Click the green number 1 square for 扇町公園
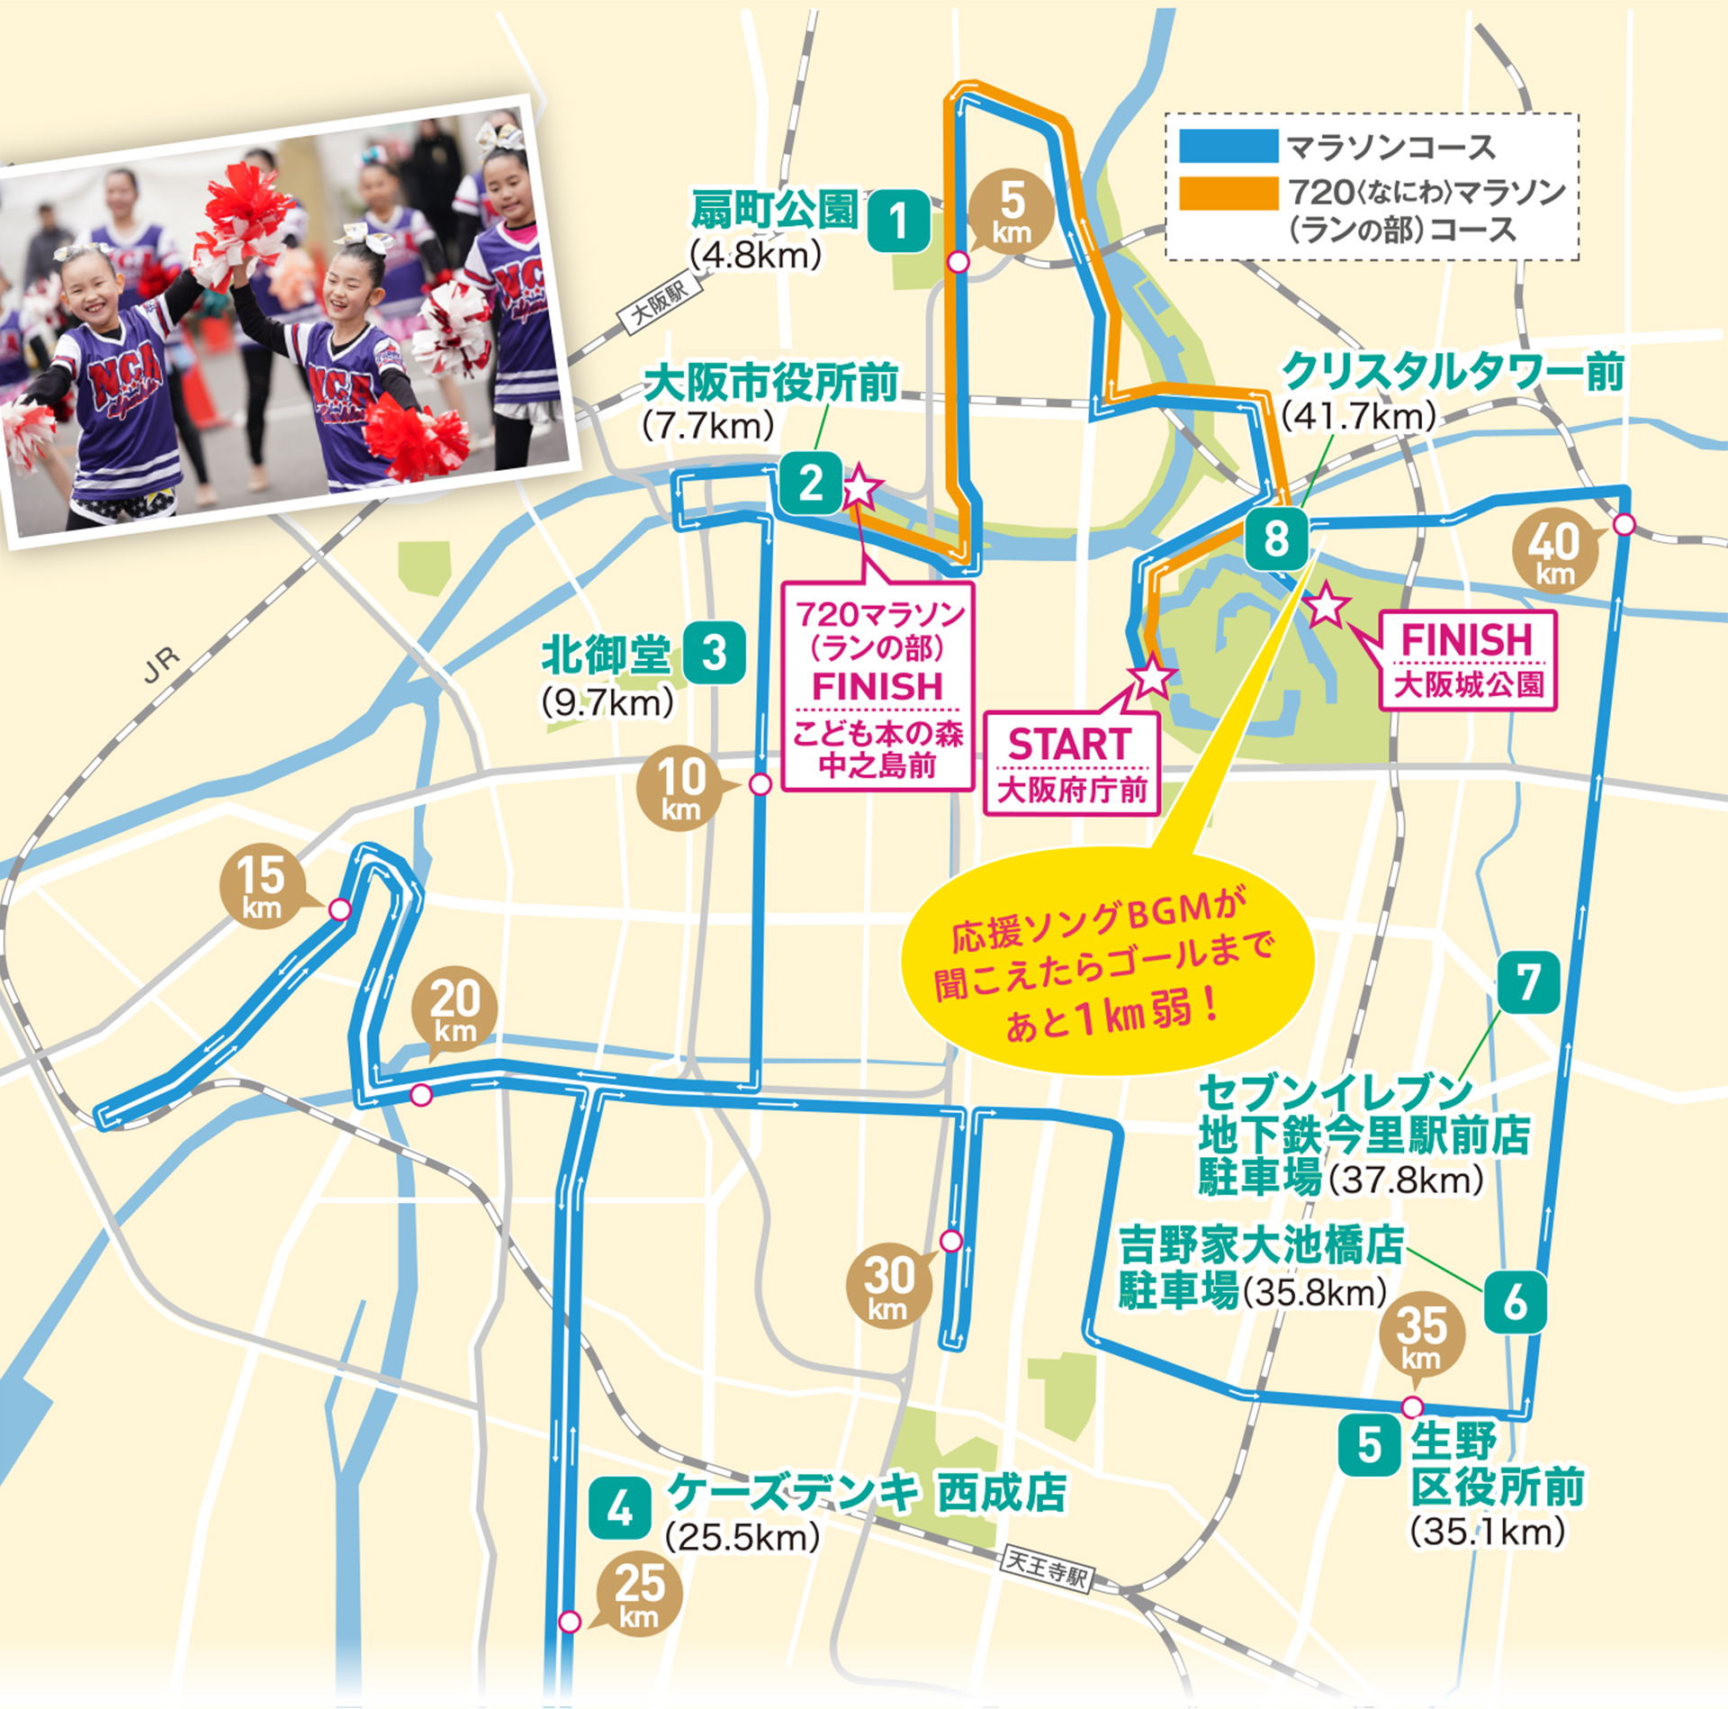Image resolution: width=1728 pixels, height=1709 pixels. point(898,221)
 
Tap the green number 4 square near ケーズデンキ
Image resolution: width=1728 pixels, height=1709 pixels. point(619,1507)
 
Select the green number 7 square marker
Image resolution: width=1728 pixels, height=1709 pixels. point(1528,982)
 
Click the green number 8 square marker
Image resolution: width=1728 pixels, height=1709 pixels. point(1276,538)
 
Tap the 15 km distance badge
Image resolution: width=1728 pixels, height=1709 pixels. point(262,887)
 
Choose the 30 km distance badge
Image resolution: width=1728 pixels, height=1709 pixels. point(889,1285)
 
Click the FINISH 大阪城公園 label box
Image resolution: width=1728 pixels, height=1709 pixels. point(1467,660)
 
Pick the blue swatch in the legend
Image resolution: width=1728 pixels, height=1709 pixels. point(1228,146)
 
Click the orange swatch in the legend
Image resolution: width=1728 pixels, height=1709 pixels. point(1228,193)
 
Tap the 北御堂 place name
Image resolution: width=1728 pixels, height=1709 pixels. point(606,655)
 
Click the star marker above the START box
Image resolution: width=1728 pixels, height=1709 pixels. point(1152,675)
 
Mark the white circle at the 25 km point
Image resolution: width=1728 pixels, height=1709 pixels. point(570,1622)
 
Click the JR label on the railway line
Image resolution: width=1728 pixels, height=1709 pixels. point(162,665)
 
